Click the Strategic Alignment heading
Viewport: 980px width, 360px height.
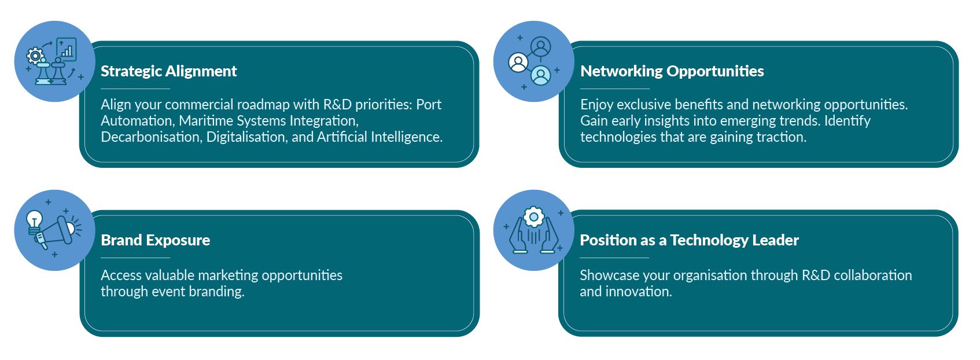168,71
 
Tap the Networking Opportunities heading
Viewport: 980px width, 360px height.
672,71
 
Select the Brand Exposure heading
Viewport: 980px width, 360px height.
155,240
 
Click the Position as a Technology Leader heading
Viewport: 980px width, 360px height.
689,240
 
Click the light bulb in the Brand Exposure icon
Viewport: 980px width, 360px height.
35,221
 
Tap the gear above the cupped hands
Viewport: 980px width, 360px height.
533,218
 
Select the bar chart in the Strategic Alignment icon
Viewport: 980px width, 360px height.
67,50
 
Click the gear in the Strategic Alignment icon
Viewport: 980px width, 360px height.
35,56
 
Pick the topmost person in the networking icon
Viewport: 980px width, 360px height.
541,46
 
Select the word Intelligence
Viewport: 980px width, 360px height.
406,137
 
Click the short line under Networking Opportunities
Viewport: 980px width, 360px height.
615,89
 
